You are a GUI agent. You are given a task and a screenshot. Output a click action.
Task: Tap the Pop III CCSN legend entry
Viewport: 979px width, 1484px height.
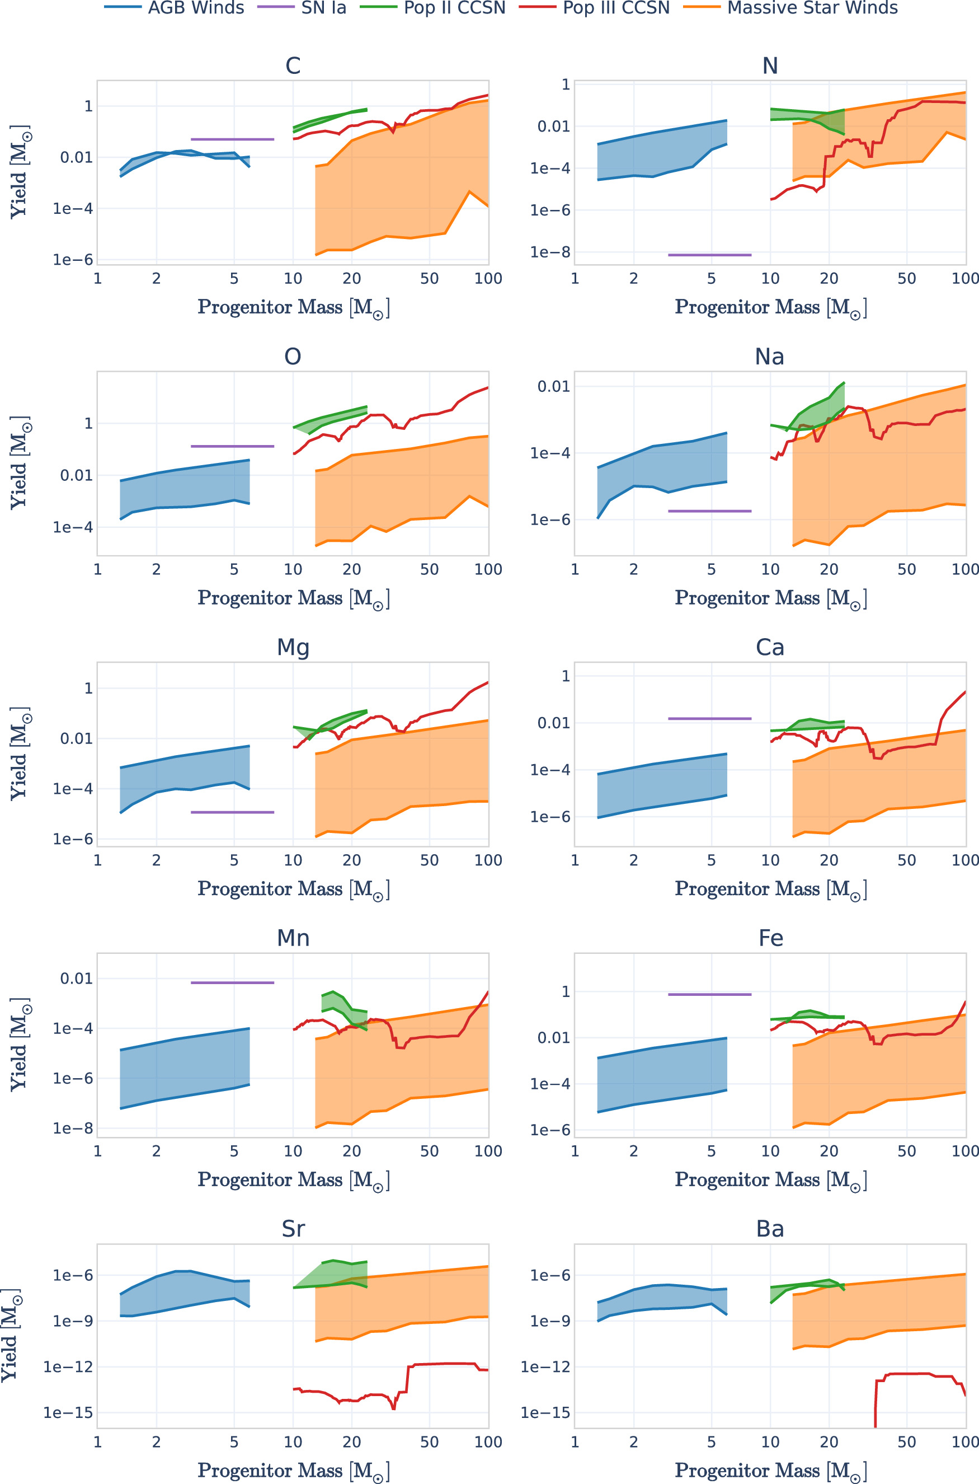click(x=615, y=8)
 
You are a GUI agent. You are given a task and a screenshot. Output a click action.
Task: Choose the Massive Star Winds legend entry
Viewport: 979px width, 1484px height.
click(x=812, y=8)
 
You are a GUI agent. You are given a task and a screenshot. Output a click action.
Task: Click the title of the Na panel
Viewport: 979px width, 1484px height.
click(x=769, y=357)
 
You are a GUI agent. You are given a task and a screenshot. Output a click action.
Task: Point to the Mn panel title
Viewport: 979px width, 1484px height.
click(x=293, y=938)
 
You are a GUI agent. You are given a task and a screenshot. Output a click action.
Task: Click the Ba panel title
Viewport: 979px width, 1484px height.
click(x=769, y=1229)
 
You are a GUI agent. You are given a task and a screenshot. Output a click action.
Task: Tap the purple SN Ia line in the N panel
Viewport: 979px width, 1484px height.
click(x=709, y=255)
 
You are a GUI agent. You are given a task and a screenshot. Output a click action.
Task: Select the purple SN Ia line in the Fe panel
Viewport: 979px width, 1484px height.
click(x=709, y=994)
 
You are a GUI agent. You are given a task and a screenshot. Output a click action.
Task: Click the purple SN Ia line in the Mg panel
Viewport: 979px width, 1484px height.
click(x=232, y=812)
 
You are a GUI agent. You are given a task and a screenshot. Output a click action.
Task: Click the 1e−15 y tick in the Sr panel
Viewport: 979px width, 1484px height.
click(x=68, y=1413)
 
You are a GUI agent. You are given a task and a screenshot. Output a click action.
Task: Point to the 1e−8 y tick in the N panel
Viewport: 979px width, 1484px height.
click(x=549, y=252)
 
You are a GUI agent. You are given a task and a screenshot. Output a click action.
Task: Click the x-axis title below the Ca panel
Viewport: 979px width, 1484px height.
click(x=770, y=890)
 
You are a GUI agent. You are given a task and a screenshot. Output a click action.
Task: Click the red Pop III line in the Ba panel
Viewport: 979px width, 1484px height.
click(x=911, y=1374)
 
